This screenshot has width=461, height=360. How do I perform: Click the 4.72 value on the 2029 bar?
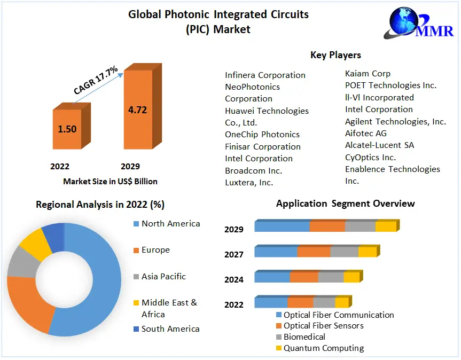click(x=137, y=110)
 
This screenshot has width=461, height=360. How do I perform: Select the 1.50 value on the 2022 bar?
click(x=67, y=129)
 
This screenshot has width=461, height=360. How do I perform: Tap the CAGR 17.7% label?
click(x=96, y=81)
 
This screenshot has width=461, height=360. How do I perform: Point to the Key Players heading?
click(x=335, y=55)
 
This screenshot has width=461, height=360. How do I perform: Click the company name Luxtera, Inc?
click(x=249, y=183)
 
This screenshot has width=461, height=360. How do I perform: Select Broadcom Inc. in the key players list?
click(x=253, y=171)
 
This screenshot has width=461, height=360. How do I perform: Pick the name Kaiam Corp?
click(x=368, y=74)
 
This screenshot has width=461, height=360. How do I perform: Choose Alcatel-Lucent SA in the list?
click(x=379, y=145)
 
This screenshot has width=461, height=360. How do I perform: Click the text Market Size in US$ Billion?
click(x=110, y=182)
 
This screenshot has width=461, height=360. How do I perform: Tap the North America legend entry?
click(x=170, y=224)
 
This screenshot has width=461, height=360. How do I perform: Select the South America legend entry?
click(x=170, y=329)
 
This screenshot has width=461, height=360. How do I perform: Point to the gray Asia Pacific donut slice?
click(x=20, y=262)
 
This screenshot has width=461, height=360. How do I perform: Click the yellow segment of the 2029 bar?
click(x=385, y=226)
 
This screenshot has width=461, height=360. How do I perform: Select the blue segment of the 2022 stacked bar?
click(x=271, y=303)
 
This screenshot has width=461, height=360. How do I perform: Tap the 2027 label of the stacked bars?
click(x=234, y=255)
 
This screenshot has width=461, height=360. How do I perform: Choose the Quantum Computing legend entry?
click(x=323, y=348)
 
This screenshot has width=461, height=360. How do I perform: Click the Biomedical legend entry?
click(x=304, y=337)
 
